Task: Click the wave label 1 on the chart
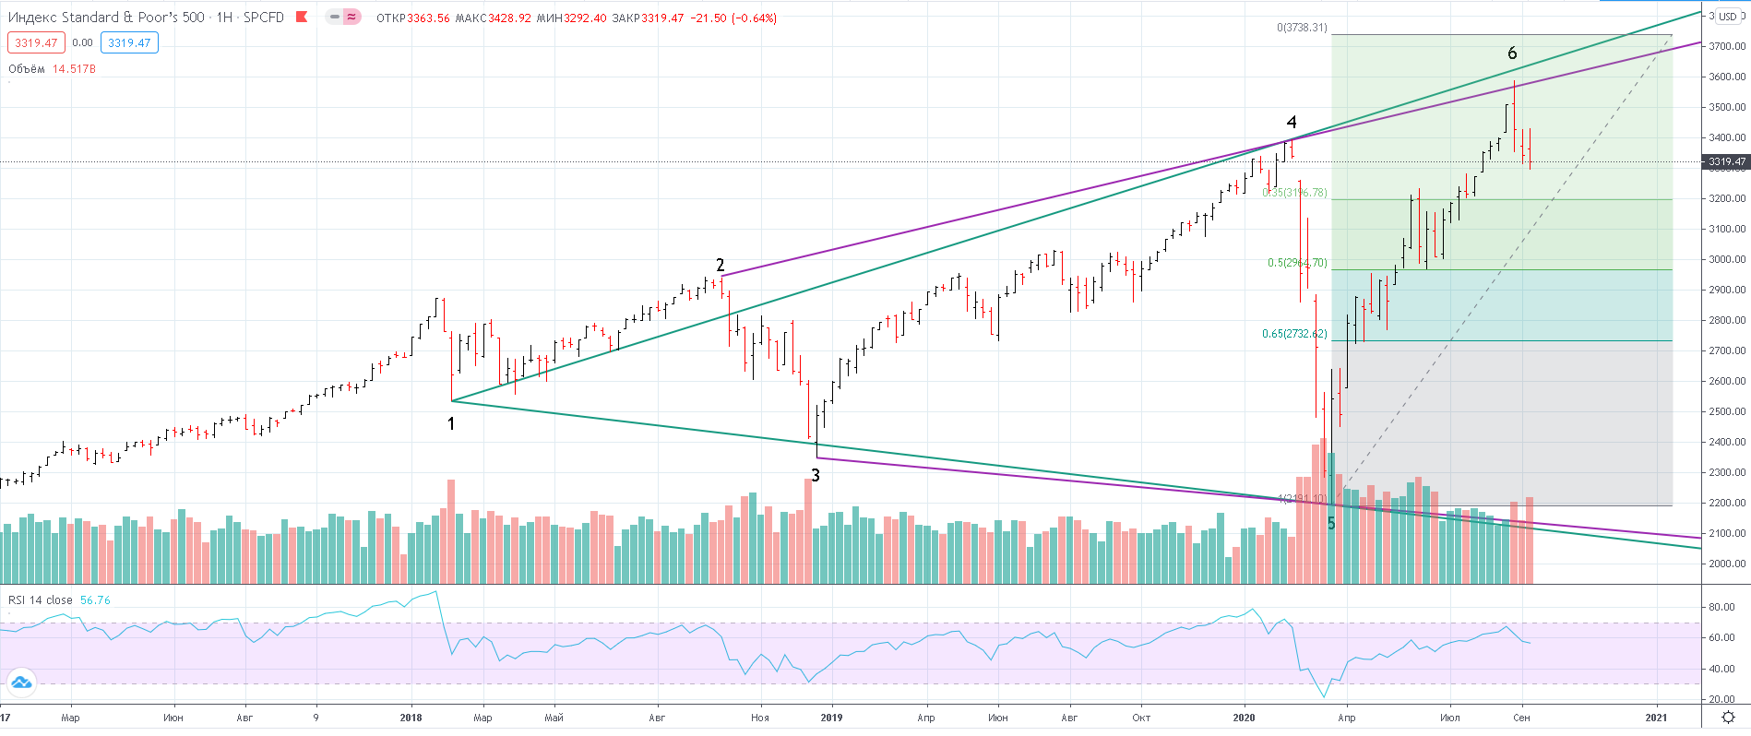coord(451,424)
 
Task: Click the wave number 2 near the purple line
coord(721,266)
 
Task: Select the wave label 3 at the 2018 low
coord(816,476)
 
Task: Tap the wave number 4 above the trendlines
coord(1292,123)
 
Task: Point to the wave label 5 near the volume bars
coord(1331,524)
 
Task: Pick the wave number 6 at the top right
coord(1512,53)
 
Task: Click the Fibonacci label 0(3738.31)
coord(1302,28)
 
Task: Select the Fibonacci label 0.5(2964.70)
coord(1297,263)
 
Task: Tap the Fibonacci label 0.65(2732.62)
coord(1294,334)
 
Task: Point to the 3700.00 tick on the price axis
coord(1727,46)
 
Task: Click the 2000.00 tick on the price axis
coord(1727,564)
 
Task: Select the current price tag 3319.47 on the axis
coord(1727,161)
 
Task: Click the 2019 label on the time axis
coord(831,718)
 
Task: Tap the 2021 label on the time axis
coord(1656,718)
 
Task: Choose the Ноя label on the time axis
coord(759,718)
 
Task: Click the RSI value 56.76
coord(95,600)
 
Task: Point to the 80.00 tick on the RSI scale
coord(1722,607)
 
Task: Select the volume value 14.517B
coord(74,69)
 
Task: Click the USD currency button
coord(1727,17)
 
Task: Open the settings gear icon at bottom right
coord(1728,718)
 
